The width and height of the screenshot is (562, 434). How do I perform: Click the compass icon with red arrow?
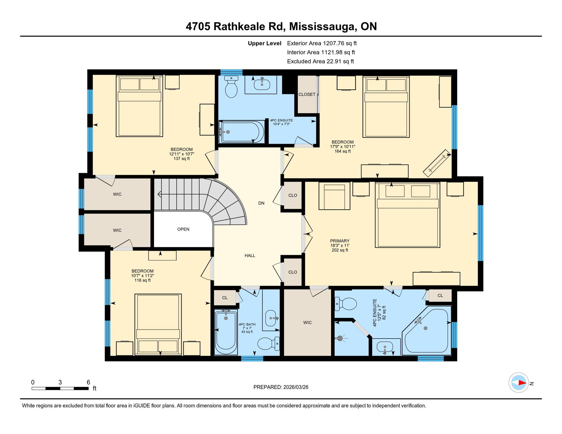tap(518, 383)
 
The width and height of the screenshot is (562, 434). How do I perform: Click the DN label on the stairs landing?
tap(261, 203)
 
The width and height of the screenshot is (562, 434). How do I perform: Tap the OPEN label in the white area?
tap(183, 229)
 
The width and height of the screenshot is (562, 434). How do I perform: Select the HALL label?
tap(250, 255)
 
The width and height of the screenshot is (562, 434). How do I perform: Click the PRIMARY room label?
tap(340, 241)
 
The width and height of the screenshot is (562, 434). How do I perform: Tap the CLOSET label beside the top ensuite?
tap(307, 94)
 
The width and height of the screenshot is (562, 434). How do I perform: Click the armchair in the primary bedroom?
tap(334, 196)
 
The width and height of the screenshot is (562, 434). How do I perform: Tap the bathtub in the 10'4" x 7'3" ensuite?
tap(242, 132)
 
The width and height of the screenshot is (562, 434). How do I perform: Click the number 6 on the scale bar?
tap(88, 382)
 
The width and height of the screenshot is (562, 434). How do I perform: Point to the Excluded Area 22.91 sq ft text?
tap(320, 61)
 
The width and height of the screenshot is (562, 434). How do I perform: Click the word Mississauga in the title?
tap(321, 27)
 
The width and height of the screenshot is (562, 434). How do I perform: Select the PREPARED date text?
tap(281, 387)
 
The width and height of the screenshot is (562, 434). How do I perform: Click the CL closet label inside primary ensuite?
tap(440, 296)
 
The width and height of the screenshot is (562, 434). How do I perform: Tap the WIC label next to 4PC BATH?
tap(307, 322)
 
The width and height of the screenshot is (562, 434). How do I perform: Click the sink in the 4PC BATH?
tap(271, 318)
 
